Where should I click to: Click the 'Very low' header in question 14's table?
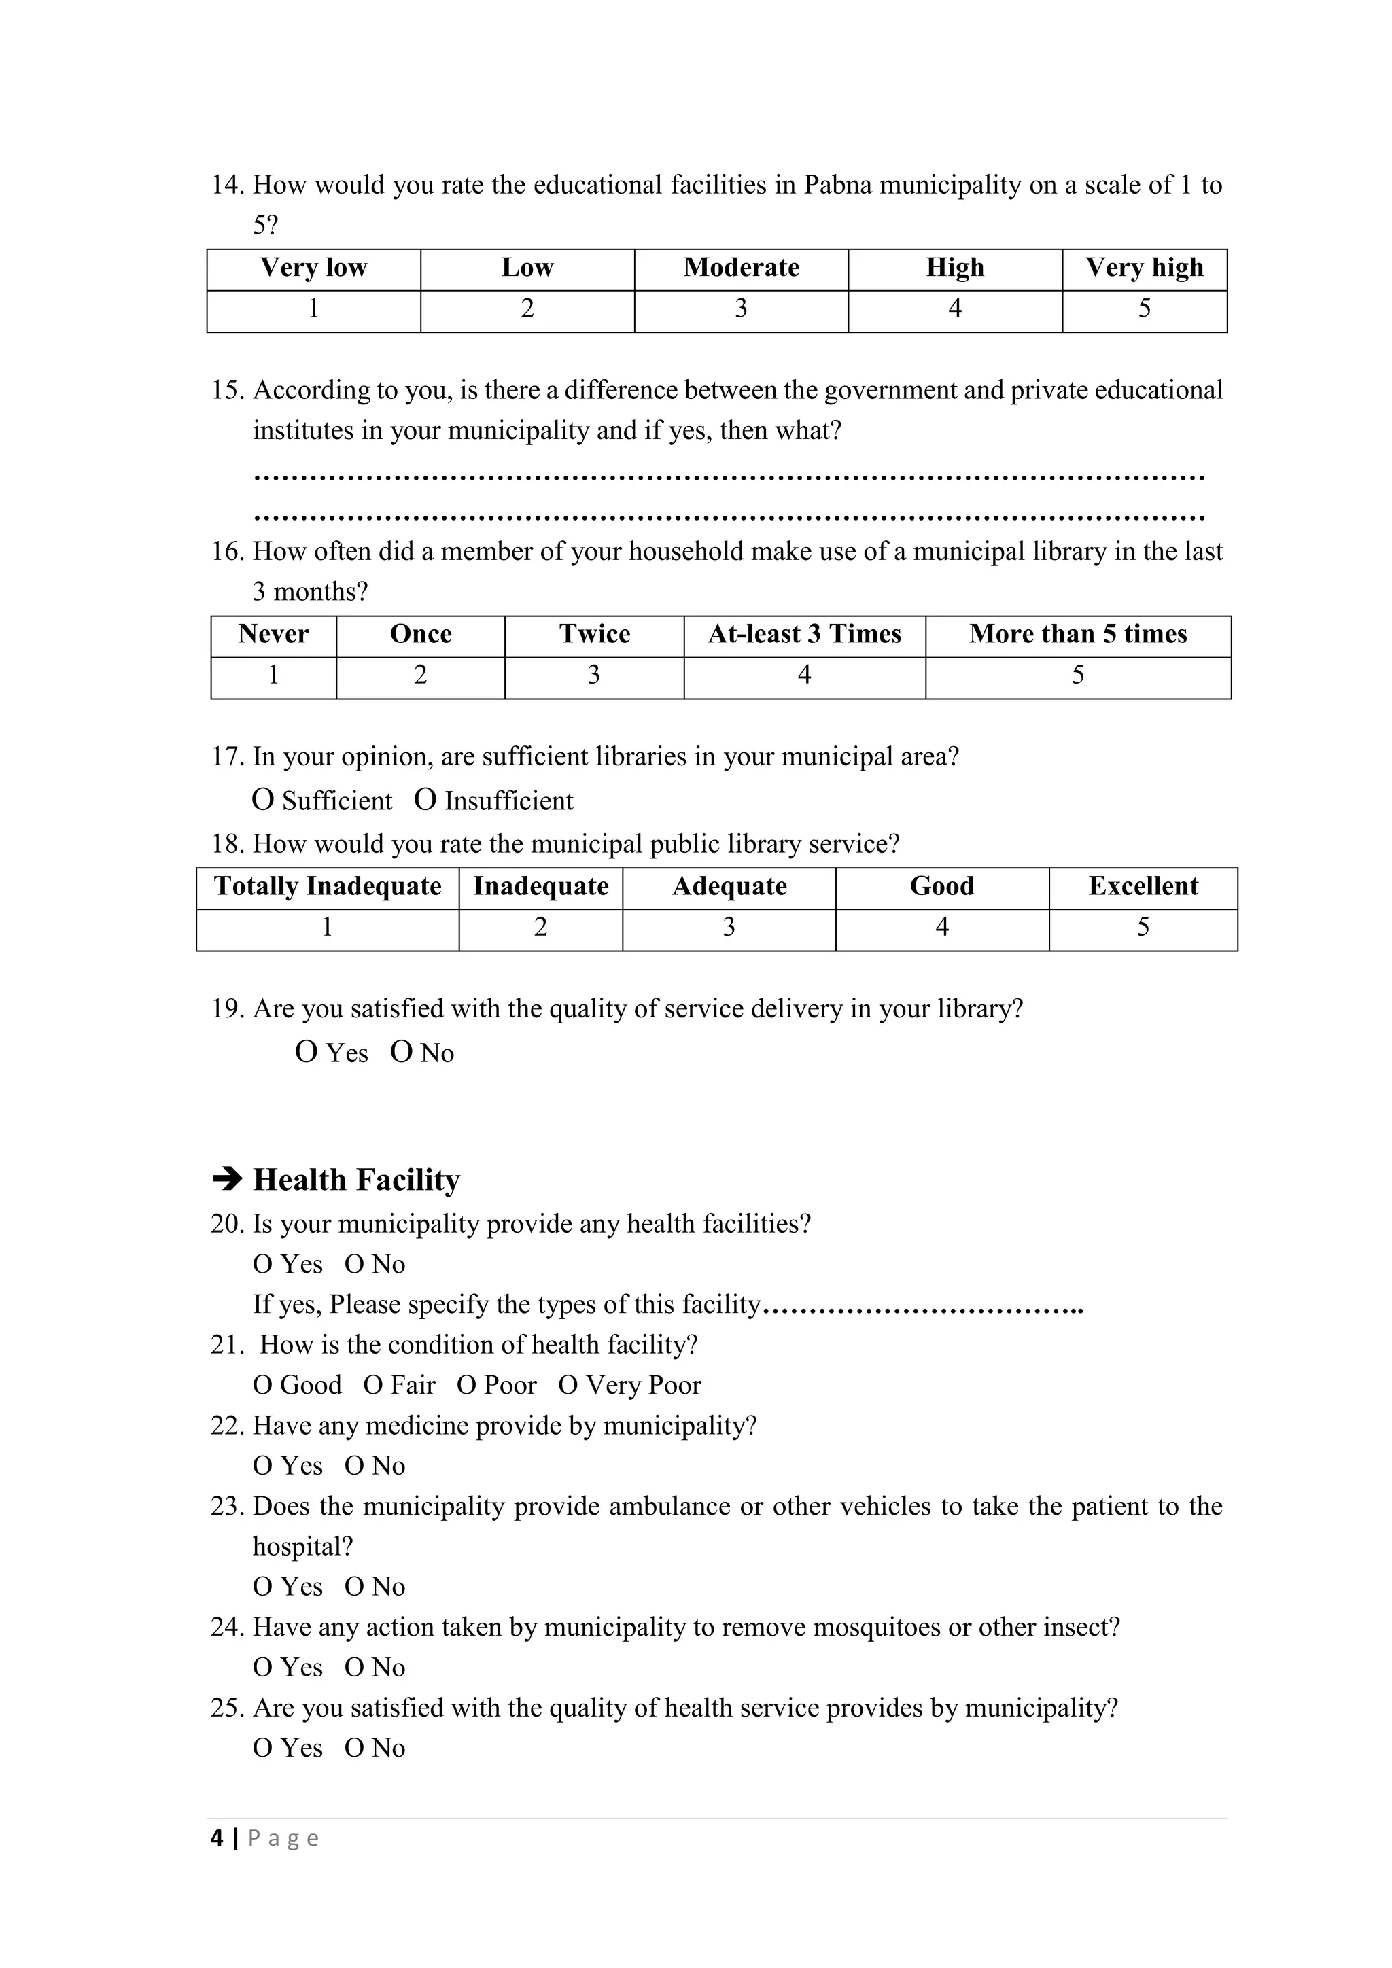click(x=314, y=268)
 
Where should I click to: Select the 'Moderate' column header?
click(x=742, y=268)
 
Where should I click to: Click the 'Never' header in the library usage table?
click(x=273, y=634)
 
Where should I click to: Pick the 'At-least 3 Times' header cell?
click(x=804, y=634)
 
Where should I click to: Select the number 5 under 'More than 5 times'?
click(x=1077, y=676)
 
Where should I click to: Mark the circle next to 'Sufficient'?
click(x=263, y=801)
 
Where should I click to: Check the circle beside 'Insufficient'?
click(x=425, y=801)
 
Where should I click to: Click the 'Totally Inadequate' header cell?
click(x=328, y=886)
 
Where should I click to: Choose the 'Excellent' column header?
click(x=1143, y=886)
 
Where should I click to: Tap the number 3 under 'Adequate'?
click(x=729, y=928)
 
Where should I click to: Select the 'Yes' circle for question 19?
click(x=306, y=1053)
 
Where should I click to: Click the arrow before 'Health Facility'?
click(x=227, y=1180)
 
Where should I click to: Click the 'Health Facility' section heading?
click(x=357, y=1180)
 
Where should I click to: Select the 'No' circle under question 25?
click(x=354, y=1749)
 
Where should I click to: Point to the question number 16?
click(x=227, y=552)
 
